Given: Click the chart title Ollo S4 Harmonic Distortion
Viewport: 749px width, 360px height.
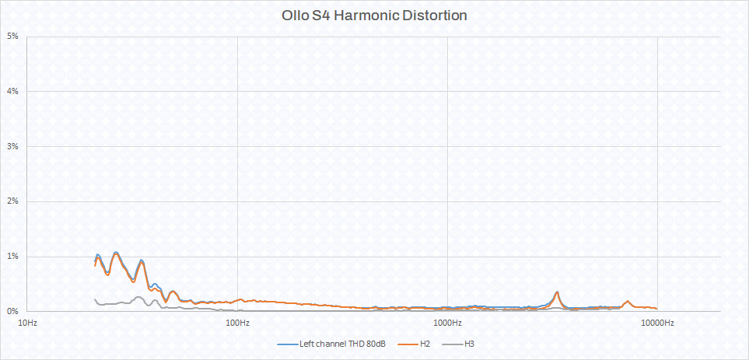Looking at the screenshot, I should coord(374,16).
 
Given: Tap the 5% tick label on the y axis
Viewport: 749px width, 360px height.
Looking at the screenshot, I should coord(13,37).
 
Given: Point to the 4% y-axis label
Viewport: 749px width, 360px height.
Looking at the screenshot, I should coord(13,92).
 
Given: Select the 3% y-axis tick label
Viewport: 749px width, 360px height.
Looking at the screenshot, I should coord(13,146).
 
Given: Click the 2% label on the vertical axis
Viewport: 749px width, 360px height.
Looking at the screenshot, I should coord(13,201).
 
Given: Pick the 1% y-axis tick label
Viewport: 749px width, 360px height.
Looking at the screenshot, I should coord(13,257).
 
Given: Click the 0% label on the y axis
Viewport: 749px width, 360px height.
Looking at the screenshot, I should coord(13,311).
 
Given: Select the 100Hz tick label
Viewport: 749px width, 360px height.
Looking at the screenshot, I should coord(237,323).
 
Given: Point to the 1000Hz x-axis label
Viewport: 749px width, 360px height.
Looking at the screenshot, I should coord(447,323).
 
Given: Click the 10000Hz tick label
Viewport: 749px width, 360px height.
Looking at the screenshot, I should coord(658,323).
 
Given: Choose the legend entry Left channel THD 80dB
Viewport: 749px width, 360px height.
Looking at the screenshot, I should coord(343,344).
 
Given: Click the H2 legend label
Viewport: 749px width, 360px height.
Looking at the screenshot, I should coord(424,344).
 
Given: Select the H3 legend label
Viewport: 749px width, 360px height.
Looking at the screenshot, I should coord(469,344).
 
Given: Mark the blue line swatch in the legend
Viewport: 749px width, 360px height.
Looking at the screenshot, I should coord(286,344).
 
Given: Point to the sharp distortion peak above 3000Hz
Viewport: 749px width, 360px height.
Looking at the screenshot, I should coord(557,292).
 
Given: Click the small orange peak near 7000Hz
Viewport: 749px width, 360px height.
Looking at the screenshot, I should coord(628,301).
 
